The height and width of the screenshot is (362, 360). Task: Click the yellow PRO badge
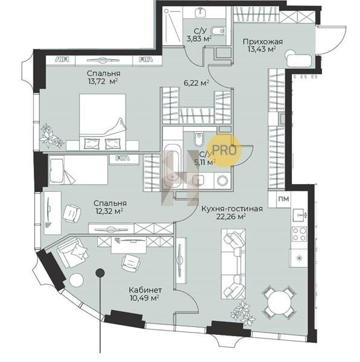pos(224,150)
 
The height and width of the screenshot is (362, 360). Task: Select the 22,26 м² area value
pos(231,217)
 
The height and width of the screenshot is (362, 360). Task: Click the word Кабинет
pos(145,290)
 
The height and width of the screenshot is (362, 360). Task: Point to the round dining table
pos(279,302)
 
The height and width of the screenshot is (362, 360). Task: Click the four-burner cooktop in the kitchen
pos(299,234)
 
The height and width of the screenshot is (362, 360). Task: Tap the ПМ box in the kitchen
pos(284,198)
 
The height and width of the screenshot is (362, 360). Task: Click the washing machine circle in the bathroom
pos(223,180)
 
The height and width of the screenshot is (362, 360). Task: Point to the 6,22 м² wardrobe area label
pos(197,83)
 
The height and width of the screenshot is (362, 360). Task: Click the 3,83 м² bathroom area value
pos(199,39)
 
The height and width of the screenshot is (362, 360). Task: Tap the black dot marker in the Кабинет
pos(100,273)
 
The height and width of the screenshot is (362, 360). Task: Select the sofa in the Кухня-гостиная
pos(233,264)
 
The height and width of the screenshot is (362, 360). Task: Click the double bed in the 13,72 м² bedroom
pos(103,122)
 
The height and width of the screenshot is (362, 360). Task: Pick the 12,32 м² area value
pos(109,211)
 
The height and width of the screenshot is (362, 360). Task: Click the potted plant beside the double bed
pos(51,136)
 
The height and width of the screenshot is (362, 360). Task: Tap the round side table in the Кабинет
pos(77,280)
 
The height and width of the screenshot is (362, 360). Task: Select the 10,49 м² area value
pos(145,298)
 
